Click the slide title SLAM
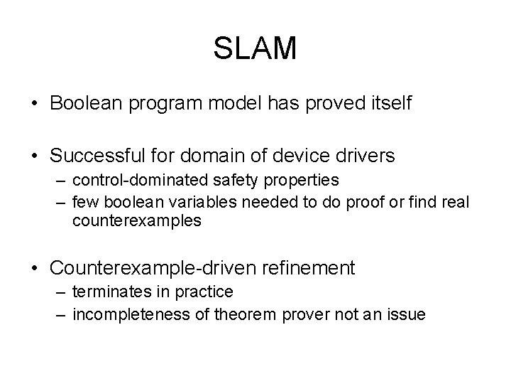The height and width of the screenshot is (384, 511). tap(255, 48)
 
